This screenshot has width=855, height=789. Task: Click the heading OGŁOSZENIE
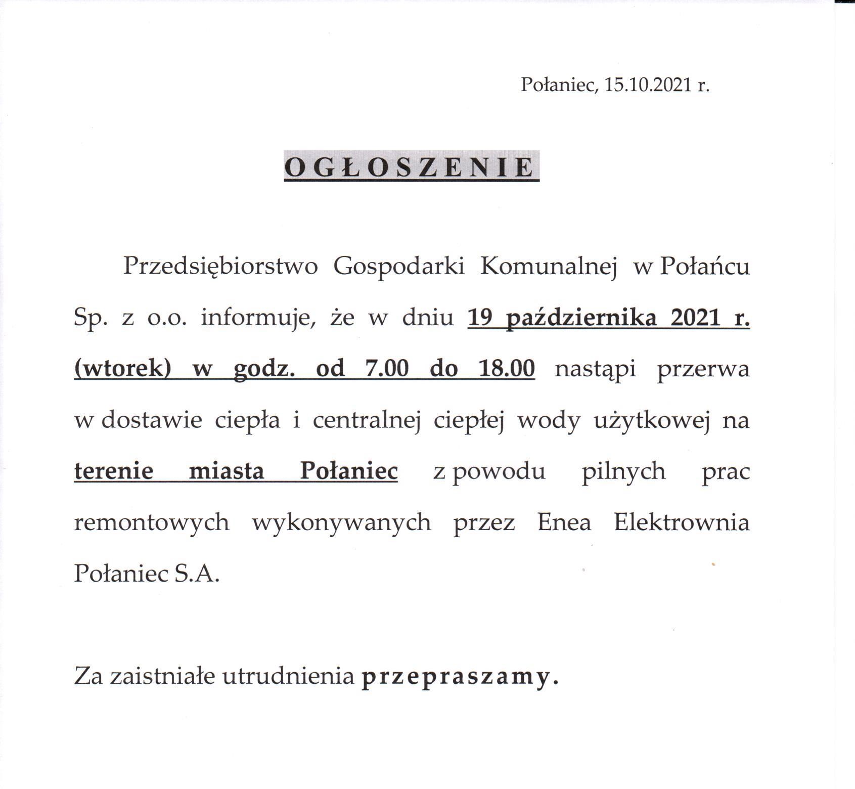pos(411,167)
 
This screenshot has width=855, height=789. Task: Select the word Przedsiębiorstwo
pos(220,267)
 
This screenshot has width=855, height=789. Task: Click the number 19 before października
pos(480,318)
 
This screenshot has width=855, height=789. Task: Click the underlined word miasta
pos(226,471)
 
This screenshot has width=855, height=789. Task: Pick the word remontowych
pos(152,522)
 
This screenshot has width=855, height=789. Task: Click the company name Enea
pos(564,522)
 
